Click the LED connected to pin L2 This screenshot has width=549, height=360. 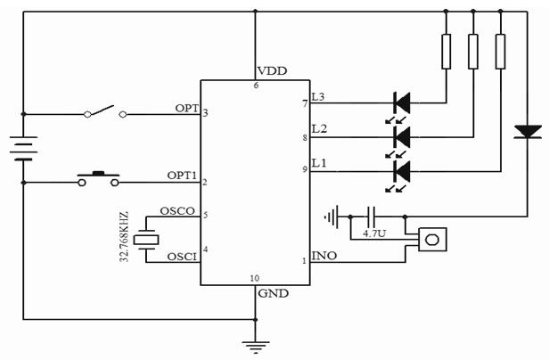click(x=402, y=136)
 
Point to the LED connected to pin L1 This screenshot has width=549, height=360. click(x=402, y=168)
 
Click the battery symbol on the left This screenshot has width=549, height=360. click(x=25, y=146)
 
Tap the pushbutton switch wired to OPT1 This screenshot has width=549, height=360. click(x=99, y=179)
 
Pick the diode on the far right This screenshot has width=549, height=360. click(x=528, y=133)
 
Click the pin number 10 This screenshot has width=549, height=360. click(x=255, y=278)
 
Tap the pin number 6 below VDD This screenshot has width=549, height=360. click(x=256, y=86)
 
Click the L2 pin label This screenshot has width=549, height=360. click(x=320, y=130)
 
